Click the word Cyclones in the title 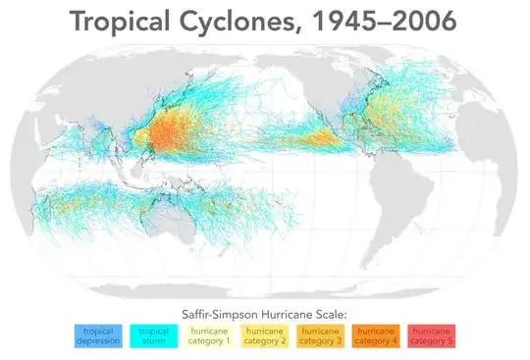[x=246, y=21]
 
